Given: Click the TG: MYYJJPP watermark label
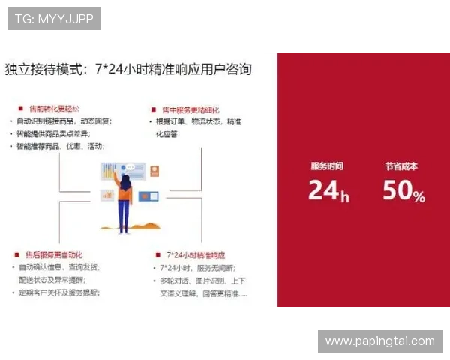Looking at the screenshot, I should coord(53,19).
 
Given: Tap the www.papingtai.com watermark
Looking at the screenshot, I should coord(380,341).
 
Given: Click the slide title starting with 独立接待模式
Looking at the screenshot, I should coord(128,70).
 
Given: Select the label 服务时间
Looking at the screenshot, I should coord(327,166).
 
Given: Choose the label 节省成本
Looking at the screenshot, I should coord(401,166).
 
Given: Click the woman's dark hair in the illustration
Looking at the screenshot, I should coord(125,182).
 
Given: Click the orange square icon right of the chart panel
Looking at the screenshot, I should coord(155,171).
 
